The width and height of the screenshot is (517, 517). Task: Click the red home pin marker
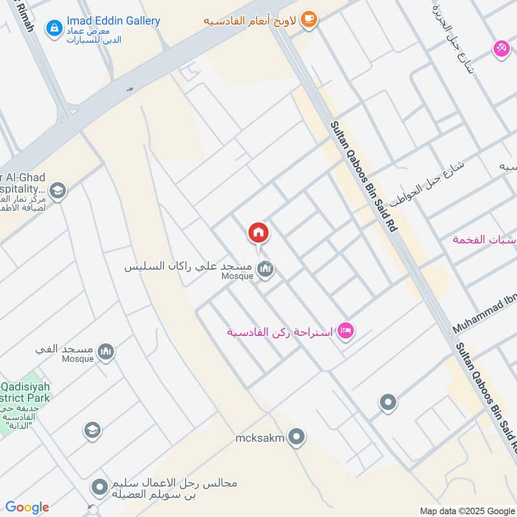[258, 233]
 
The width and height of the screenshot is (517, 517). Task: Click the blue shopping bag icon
[54, 28]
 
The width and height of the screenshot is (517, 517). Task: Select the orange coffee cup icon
[309, 19]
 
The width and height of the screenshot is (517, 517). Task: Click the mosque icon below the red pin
[265, 269]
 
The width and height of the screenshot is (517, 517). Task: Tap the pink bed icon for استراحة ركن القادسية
[346, 332]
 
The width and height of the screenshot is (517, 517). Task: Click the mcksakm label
[260, 438]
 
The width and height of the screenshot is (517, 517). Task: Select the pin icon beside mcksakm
[297, 438]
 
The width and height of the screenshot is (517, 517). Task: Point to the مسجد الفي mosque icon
[106, 352]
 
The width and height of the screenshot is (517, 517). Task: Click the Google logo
[27, 507]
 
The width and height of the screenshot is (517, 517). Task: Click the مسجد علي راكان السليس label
[191, 267]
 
